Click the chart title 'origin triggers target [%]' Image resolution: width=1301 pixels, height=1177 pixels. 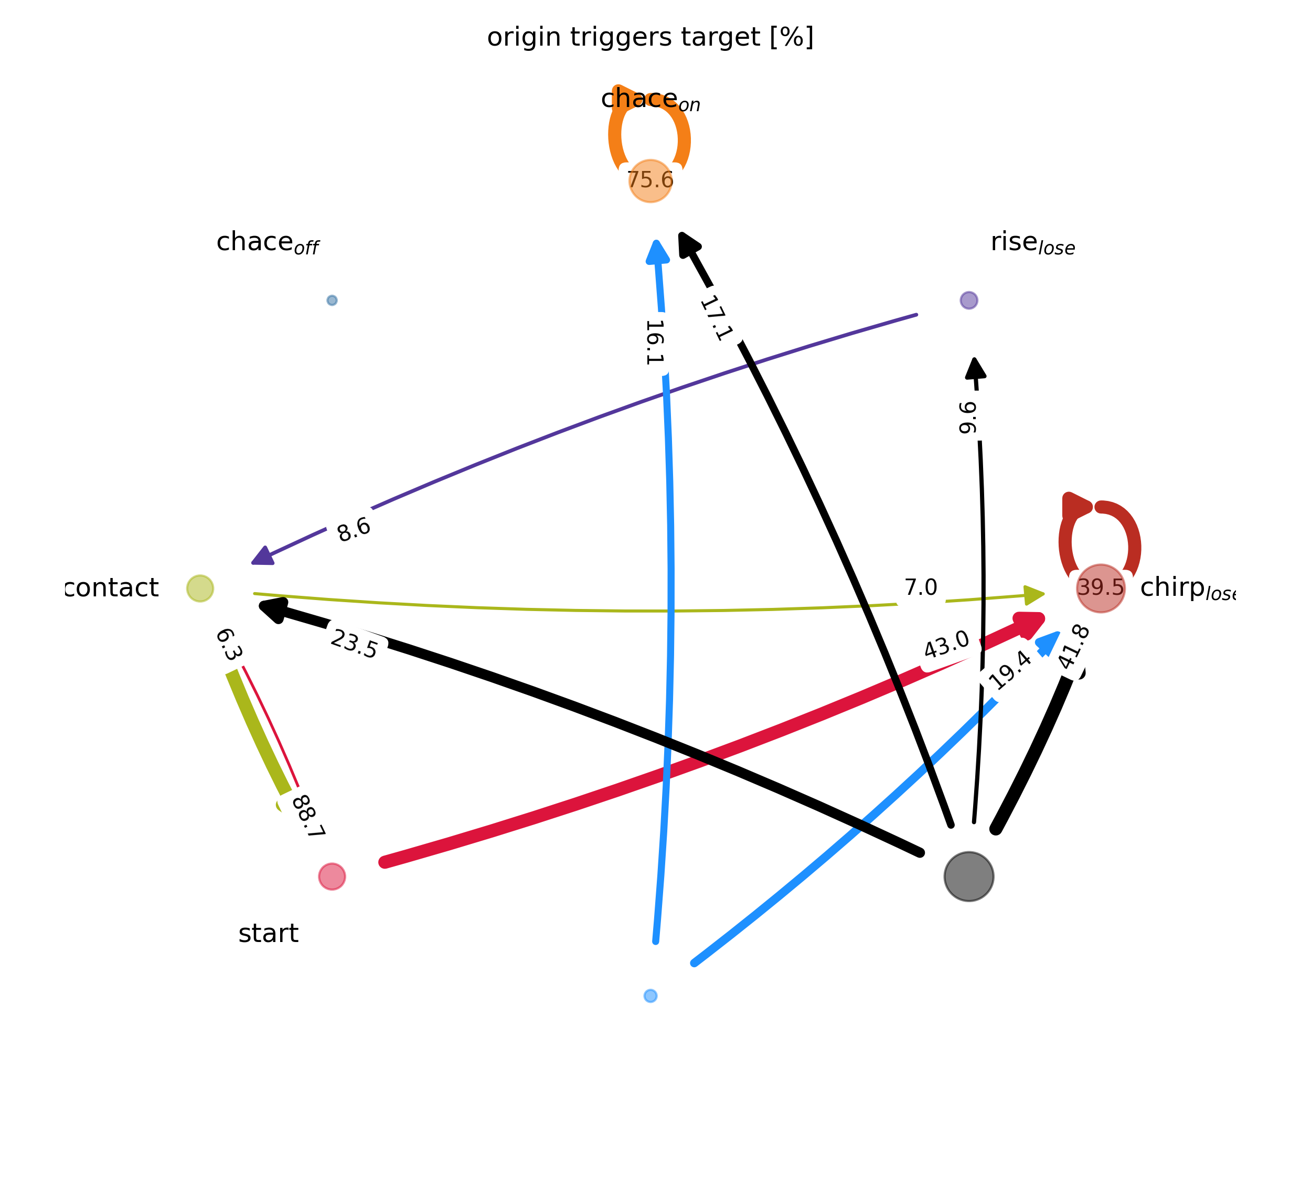point(650,37)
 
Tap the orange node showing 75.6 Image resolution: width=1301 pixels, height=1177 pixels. point(650,180)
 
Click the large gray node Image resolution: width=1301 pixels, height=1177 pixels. point(968,876)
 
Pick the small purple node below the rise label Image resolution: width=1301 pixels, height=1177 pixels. point(968,300)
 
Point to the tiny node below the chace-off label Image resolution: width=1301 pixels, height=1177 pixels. point(332,300)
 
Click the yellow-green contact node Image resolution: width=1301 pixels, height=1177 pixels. point(200,588)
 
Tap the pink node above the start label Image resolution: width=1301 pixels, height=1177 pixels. point(332,876)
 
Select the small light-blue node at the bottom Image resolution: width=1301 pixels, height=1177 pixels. point(650,996)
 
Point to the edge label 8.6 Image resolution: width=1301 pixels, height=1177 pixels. point(354,530)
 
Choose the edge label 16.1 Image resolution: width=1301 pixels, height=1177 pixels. point(654,343)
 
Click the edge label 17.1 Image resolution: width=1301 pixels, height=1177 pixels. point(716,317)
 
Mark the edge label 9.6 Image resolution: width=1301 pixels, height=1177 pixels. point(968,418)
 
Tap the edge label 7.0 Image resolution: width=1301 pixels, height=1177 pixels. point(920,588)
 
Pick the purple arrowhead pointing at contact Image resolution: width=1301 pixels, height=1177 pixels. point(263,556)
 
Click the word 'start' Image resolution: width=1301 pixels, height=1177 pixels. point(269,934)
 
